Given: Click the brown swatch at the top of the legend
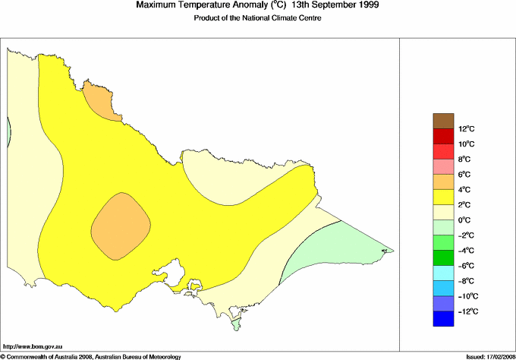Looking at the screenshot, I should tap(443, 121).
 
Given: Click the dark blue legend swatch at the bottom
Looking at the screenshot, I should tap(443, 319).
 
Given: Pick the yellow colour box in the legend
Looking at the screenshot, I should tap(443, 197).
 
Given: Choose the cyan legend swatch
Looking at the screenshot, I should tap(443, 273).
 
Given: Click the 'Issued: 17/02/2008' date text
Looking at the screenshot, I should tap(487, 355).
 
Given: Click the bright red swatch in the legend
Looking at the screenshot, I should tap(443, 136).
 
